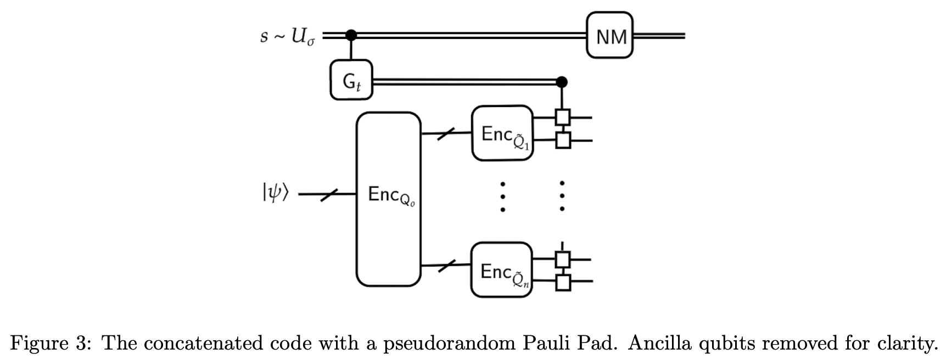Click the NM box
coord(609,36)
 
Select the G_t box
coord(351,80)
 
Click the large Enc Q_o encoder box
coord(389,199)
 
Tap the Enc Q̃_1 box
coord(502,133)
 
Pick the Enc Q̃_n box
coord(501,270)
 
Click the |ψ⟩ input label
coord(275,193)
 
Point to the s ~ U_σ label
coord(287,36)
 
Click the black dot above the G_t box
coord(351,36)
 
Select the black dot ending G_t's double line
coord(561,82)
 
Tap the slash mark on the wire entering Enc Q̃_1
coord(446,133)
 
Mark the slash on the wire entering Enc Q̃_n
coord(446,266)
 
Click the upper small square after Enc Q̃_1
coord(562,117)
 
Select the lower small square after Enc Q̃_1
coord(562,140)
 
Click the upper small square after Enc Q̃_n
coord(562,258)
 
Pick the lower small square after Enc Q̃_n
coord(562,282)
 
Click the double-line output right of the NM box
coord(659,36)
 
